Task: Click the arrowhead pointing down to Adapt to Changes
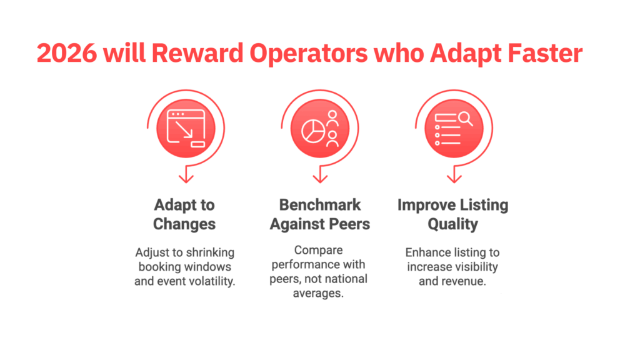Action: pyautogui.click(x=185, y=179)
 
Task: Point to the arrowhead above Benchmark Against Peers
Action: pyautogui.click(x=320, y=179)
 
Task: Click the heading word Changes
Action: pyautogui.click(x=184, y=224)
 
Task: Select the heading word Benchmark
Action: pyautogui.click(x=319, y=206)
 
